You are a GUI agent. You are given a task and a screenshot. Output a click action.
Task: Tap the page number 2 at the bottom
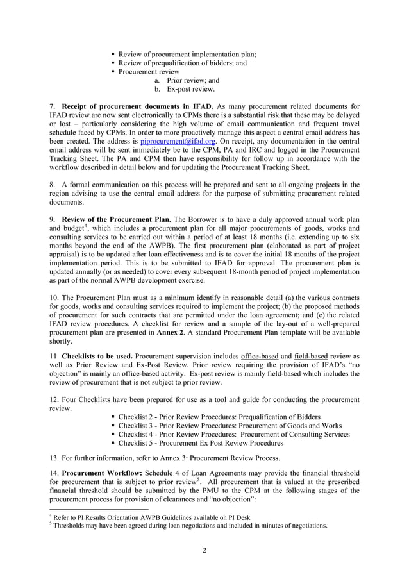[x=204, y=549]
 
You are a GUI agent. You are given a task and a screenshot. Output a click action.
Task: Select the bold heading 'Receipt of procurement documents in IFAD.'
[x=137, y=105]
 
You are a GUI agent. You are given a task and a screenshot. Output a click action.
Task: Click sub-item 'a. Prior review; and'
[x=187, y=81]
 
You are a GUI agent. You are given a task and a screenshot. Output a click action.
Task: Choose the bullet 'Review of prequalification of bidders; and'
[x=183, y=63]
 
